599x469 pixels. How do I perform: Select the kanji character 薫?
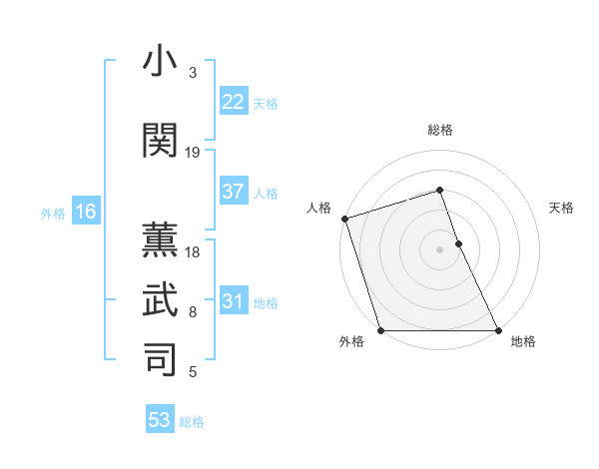click(x=161, y=238)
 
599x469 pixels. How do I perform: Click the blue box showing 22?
click(x=234, y=102)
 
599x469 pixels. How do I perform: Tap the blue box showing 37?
click(x=234, y=193)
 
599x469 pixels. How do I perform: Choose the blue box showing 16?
click(x=85, y=212)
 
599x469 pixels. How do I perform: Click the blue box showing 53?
click(x=160, y=420)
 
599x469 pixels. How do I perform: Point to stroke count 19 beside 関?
click(x=193, y=153)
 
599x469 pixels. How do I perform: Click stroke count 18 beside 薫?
click(x=193, y=253)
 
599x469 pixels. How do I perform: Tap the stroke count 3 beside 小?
click(x=193, y=73)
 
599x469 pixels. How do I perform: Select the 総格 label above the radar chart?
click(x=440, y=130)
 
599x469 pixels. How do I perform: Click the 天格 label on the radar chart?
click(x=562, y=208)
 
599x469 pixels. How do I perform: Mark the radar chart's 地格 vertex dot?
click(x=497, y=330)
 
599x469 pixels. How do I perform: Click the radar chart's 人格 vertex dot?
click(x=344, y=219)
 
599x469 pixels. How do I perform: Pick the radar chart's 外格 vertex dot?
click(x=380, y=330)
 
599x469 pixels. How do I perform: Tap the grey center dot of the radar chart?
click(x=439, y=249)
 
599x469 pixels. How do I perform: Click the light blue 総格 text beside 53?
click(x=192, y=422)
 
